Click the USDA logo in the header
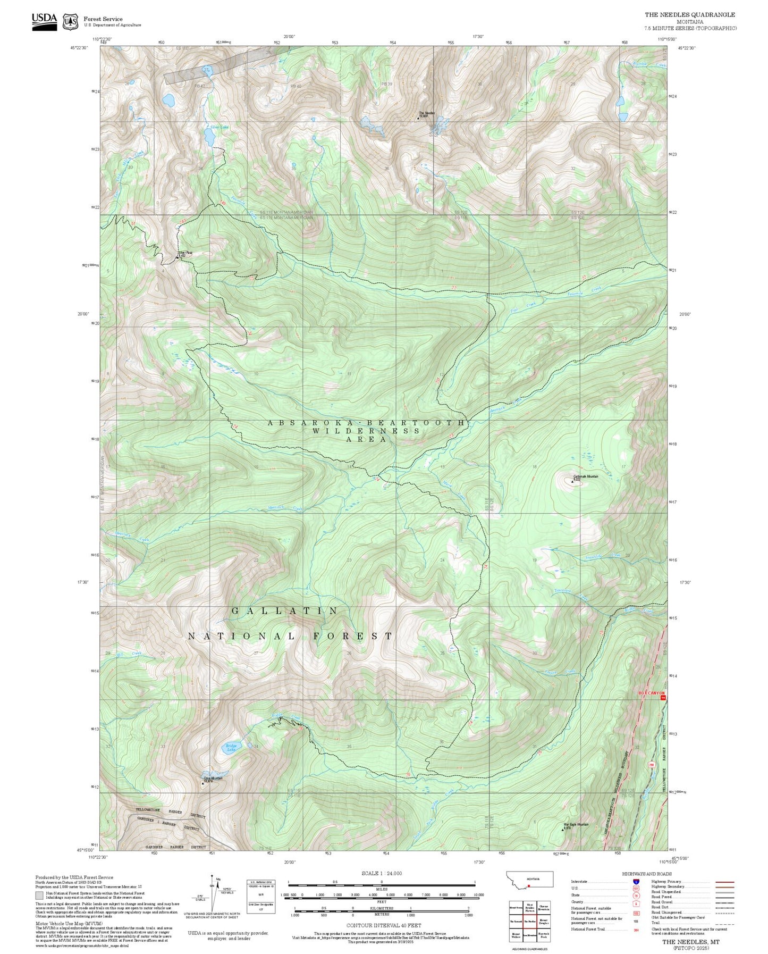pyautogui.click(x=44, y=21)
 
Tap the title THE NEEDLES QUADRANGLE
pyautogui.click(x=690, y=15)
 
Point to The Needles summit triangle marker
pyautogui.click(x=418, y=118)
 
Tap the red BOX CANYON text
pyautogui.click(x=651, y=693)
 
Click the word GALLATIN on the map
pyautogui.click(x=285, y=611)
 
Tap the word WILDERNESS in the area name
pyautogui.click(x=366, y=431)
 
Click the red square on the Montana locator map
pyautogui.click(x=529, y=886)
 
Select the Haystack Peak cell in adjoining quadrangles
pyautogui.click(x=543, y=935)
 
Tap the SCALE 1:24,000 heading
pyautogui.click(x=382, y=873)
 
